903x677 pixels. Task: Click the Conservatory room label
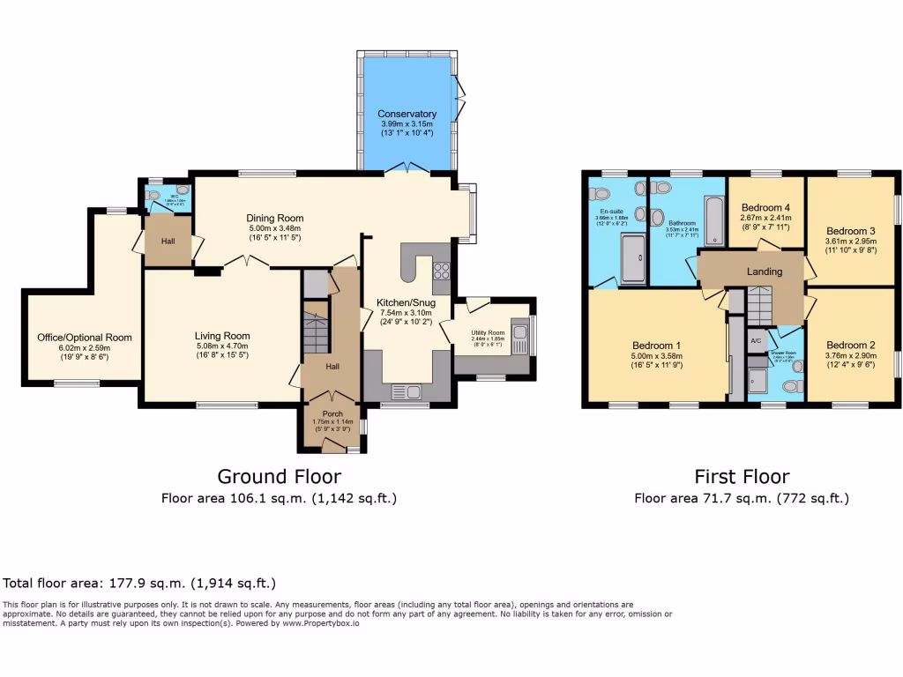pyautogui.click(x=407, y=115)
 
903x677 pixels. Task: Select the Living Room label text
pyautogui.click(x=222, y=336)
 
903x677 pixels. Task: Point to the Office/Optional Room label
pyautogui.click(x=84, y=338)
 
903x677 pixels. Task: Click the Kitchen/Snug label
pyautogui.click(x=407, y=302)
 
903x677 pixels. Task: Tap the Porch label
pyautogui.click(x=332, y=412)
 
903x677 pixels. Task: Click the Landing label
pyautogui.click(x=764, y=272)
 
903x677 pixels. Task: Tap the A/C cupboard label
pyautogui.click(x=756, y=340)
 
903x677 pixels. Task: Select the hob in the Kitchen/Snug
pyautogui.click(x=441, y=272)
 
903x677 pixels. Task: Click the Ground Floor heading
pyautogui.click(x=279, y=477)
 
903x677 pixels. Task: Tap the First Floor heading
pyautogui.click(x=742, y=477)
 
